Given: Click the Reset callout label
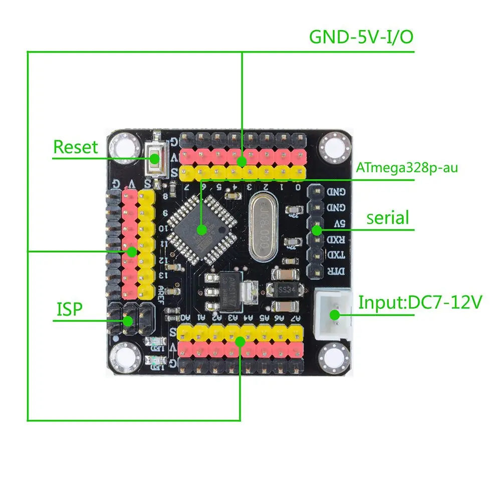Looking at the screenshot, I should (x=76, y=147).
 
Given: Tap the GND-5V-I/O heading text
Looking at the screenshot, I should (x=361, y=37).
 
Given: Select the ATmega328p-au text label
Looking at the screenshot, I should (x=407, y=168).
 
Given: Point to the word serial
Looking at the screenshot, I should (x=388, y=218).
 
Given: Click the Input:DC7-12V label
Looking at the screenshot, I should (x=420, y=303).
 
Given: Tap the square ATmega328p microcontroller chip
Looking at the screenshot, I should (x=201, y=230).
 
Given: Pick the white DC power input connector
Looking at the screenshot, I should (x=332, y=314).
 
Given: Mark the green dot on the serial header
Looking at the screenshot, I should (x=316, y=230).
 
